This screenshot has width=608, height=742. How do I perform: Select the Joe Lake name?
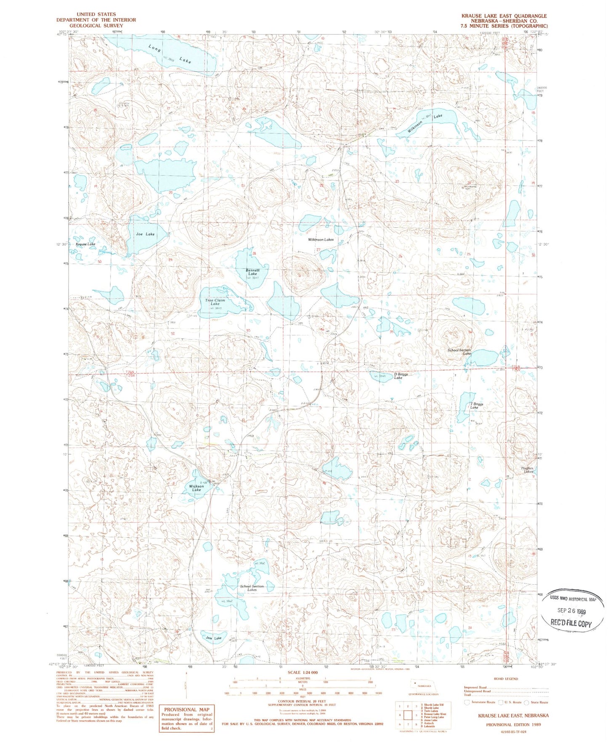tap(146, 234)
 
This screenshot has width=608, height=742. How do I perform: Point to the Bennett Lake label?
tap(252, 272)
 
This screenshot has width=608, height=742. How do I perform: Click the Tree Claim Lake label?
tap(215, 302)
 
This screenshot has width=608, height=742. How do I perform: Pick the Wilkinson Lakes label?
tap(321, 239)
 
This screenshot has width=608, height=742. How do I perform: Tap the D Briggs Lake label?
tap(400, 376)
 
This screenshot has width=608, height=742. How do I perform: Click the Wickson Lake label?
tap(196, 488)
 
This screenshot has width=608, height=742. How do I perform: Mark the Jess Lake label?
tap(214, 638)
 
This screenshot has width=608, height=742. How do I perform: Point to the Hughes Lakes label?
tap(527, 469)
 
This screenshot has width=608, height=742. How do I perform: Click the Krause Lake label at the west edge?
tap(85, 244)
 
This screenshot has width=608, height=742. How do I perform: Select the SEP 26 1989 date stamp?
tap(571, 612)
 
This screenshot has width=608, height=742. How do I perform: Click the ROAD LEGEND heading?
tap(506, 679)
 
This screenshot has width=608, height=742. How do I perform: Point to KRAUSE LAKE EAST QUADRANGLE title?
tap(504, 16)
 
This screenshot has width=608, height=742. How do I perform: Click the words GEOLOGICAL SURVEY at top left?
tap(96, 26)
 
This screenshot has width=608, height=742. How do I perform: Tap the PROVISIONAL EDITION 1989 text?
tap(513, 725)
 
